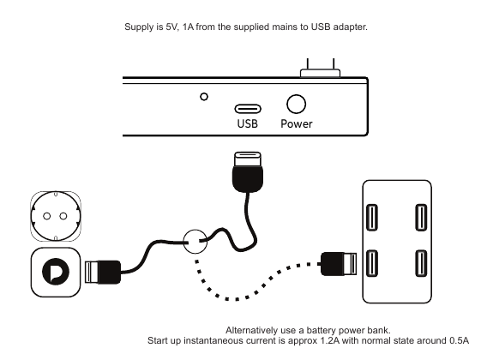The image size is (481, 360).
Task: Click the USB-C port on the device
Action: coord(248,109)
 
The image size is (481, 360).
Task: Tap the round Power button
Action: coord(296,104)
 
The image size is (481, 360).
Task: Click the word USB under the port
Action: coord(248,123)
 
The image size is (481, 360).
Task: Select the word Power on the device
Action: coord(297,123)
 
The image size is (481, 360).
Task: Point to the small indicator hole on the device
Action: coord(204,97)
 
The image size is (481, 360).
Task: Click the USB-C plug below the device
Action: coord(248,171)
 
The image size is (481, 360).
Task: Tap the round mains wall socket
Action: coord(56,216)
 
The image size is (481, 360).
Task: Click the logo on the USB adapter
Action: coord(56,272)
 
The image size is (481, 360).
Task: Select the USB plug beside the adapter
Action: coord(102,272)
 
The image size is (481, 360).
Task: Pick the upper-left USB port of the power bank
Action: coord(372,218)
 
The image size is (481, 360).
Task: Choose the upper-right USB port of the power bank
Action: coord(421,218)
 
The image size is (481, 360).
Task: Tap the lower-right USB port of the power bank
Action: coord(421,263)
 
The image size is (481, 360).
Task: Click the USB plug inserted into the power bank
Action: coord(339,264)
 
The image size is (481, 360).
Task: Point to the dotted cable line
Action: coord(237,299)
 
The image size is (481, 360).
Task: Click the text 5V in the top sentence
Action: coord(171,27)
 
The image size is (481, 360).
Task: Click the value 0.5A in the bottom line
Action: coord(460,340)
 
